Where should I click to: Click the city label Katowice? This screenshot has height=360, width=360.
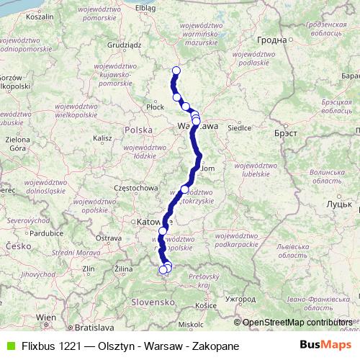[152, 223]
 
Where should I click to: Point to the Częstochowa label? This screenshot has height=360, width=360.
[135, 188]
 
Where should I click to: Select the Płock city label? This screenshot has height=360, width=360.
[155, 107]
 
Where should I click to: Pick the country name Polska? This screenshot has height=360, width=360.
[138, 130]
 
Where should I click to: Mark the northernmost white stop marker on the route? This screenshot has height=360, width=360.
[176, 70]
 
